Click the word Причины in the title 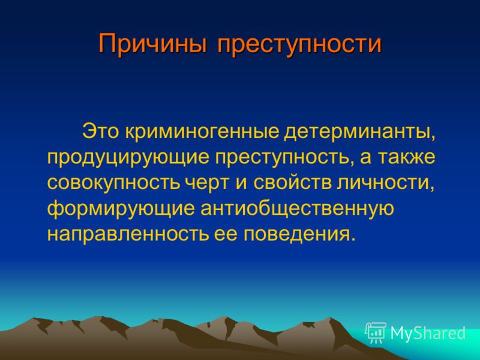tap(152, 44)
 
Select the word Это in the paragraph tap(100, 132)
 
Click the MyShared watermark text tap(428, 333)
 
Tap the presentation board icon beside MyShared tap(376, 332)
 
